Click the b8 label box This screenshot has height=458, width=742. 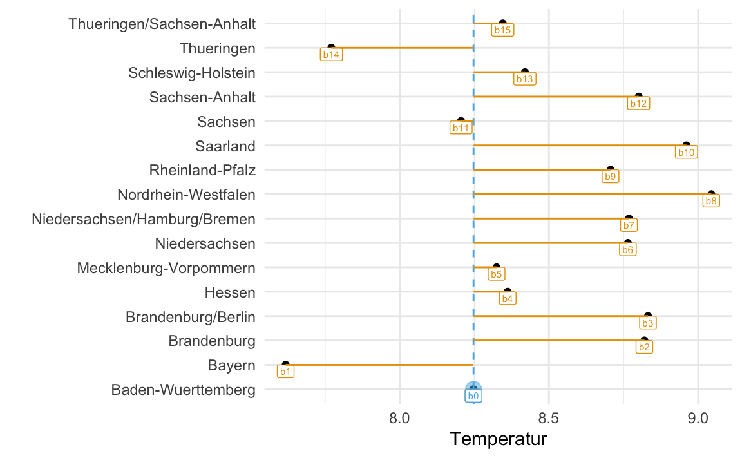(711, 200)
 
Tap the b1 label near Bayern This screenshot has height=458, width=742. (285, 372)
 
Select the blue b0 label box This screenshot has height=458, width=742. (473, 396)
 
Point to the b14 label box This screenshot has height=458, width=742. (331, 54)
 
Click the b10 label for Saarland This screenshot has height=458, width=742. (686, 152)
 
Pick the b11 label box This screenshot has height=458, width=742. (461, 128)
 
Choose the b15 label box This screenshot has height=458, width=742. (502, 30)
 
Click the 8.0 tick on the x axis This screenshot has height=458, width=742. (400, 418)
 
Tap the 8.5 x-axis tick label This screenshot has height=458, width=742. (549, 418)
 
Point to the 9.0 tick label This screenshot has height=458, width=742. (698, 418)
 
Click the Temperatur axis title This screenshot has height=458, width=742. (499, 439)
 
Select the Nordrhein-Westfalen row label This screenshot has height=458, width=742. (186, 195)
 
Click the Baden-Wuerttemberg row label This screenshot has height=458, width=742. (184, 390)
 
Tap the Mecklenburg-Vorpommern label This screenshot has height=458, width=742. (167, 268)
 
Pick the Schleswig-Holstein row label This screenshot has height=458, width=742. (192, 73)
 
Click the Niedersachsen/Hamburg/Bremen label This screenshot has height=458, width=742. (144, 219)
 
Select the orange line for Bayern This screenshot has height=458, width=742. (379, 365)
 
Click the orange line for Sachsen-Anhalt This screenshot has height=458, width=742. (556, 97)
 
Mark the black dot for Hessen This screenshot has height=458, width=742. (508, 291)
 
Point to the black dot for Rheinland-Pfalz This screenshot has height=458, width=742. (611, 169)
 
